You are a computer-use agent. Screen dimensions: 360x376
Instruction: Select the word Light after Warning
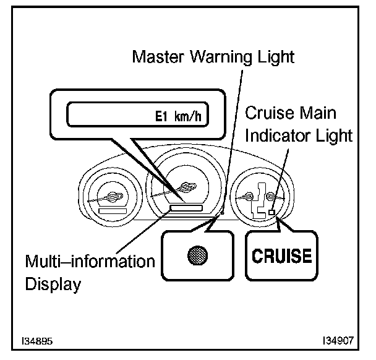[x=276, y=58]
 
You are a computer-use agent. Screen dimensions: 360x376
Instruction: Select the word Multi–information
[x=90, y=260]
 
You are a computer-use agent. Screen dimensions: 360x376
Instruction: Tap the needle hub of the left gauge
[x=115, y=197]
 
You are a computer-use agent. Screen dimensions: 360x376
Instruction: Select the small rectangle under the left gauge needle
[x=112, y=212]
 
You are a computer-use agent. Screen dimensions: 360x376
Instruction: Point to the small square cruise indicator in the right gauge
[x=273, y=212]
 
